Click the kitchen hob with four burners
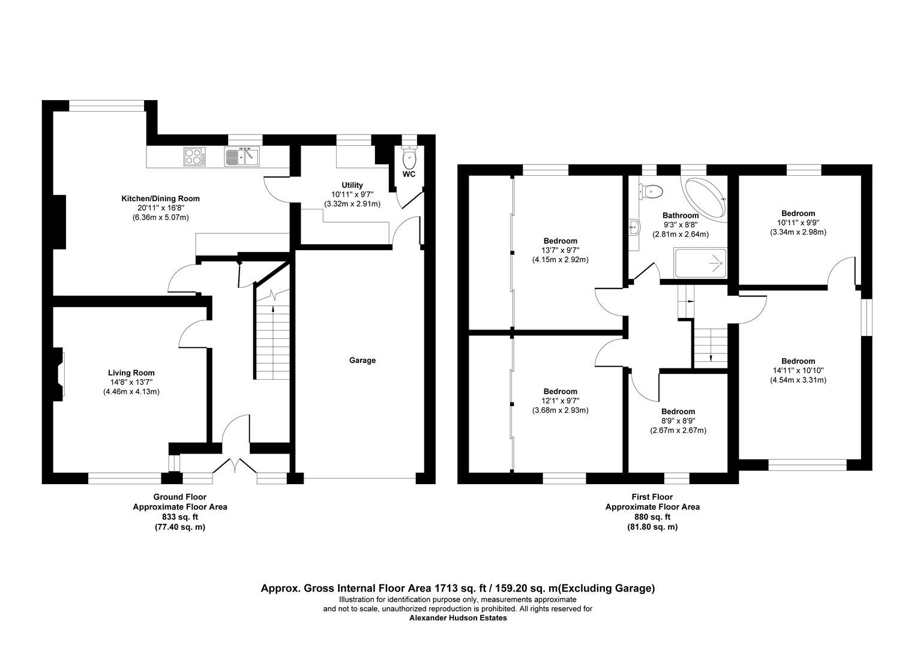pyautogui.click(x=194, y=157)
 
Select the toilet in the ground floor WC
pyautogui.click(x=409, y=159)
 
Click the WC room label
pyautogui.click(x=409, y=175)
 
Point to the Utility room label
pyautogui.click(x=352, y=185)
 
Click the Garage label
pyautogui.click(x=362, y=361)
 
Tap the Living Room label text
pyautogui.click(x=131, y=373)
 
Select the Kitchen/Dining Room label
pyautogui.click(x=160, y=199)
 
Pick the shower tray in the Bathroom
pyautogui.click(x=701, y=262)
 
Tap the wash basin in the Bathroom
pyautogui.click(x=635, y=227)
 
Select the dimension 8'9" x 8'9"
pyautogui.click(x=678, y=421)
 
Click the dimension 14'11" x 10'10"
pyautogui.click(x=798, y=371)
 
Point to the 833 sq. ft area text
pyautogui.click(x=179, y=517)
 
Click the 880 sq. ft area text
pyautogui.click(x=652, y=517)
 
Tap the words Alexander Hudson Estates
pyautogui.click(x=458, y=618)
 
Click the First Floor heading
pyautogui.click(x=652, y=497)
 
